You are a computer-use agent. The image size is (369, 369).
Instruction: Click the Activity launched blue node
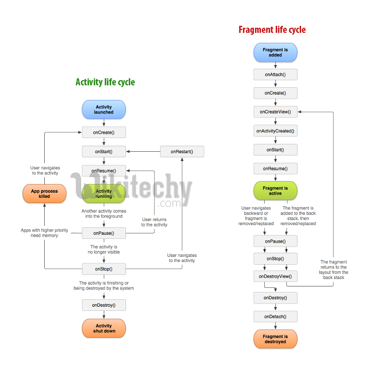(x=104, y=110)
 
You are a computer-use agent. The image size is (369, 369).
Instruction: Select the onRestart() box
(x=182, y=151)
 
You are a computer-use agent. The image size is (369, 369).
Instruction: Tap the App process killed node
(x=45, y=193)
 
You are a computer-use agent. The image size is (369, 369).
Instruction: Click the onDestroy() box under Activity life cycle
(x=104, y=305)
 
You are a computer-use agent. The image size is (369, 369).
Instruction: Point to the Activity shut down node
(x=104, y=328)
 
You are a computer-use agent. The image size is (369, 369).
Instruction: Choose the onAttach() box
(x=275, y=74)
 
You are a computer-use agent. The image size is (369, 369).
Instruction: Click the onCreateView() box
(x=275, y=112)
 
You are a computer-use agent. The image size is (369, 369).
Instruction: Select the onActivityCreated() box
(x=275, y=131)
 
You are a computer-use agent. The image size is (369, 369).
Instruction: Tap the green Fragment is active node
(x=275, y=191)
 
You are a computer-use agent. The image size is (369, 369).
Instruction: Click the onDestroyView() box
(x=275, y=276)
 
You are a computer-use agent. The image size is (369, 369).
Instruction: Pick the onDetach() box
(x=275, y=316)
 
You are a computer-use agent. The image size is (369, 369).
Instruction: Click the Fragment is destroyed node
(x=275, y=339)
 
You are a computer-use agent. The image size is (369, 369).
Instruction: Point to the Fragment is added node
(x=275, y=52)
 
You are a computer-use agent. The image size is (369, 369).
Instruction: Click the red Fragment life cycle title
(x=272, y=30)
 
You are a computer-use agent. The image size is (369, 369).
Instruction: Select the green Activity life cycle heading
(x=105, y=82)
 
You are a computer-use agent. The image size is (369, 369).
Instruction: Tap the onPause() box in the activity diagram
(x=104, y=233)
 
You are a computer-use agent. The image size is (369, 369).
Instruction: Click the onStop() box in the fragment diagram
(x=275, y=259)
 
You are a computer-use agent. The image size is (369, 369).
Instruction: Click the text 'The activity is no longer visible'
(x=104, y=250)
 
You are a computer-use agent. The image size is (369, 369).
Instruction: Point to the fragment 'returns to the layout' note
(x=334, y=270)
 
